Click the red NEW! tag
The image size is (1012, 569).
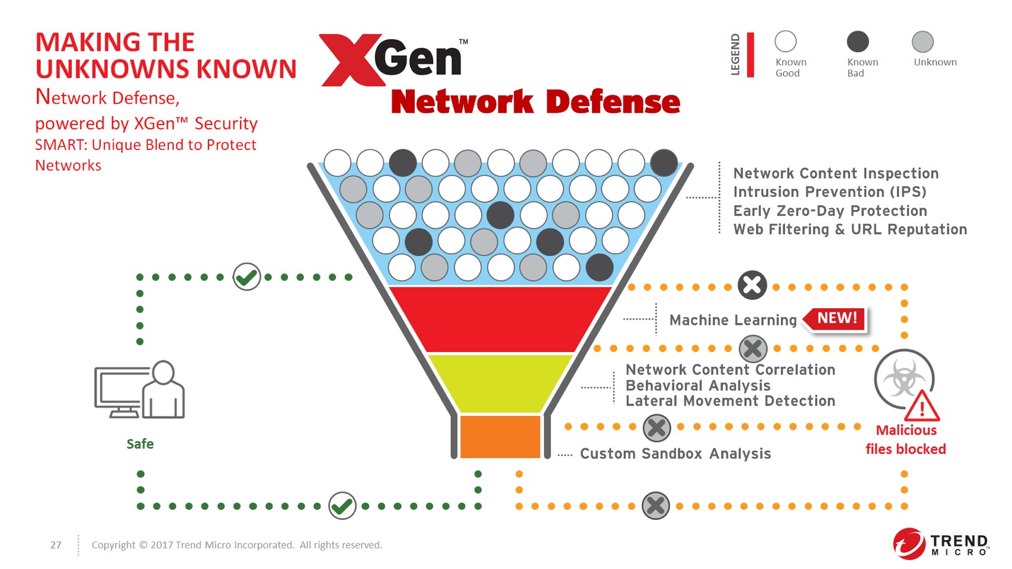(x=837, y=318)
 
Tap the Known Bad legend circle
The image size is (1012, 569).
(x=857, y=41)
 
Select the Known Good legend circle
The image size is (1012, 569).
(x=785, y=41)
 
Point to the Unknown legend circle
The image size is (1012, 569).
(x=923, y=41)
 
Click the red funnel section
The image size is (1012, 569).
(x=499, y=319)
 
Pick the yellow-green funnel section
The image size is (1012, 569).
(x=499, y=382)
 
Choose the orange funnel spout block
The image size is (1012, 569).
(x=499, y=437)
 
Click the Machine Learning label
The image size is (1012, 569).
(x=733, y=320)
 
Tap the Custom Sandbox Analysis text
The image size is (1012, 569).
(x=675, y=453)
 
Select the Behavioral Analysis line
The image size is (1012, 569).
(x=698, y=385)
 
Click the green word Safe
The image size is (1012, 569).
(x=140, y=444)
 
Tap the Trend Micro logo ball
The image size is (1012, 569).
(x=909, y=544)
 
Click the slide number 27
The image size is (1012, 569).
(x=56, y=545)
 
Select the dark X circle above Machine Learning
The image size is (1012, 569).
(x=752, y=285)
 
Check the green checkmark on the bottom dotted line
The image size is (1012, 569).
(x=342, y=506)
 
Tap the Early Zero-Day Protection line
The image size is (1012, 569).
(x=830, y=211)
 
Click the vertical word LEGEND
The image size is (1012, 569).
(x=735, y=55)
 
